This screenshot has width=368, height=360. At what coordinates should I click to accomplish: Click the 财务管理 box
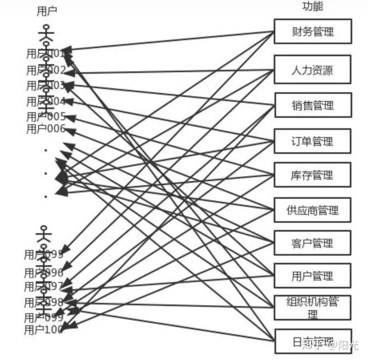click(x=312, y=32)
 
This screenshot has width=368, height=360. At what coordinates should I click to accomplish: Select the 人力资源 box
click(x=312, y=70)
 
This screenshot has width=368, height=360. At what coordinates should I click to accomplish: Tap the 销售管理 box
click(x=312, y=104)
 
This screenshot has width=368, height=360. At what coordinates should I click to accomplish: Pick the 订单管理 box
click(x=312, y=142)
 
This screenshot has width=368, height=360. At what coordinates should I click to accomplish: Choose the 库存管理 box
click(x=312, y=176)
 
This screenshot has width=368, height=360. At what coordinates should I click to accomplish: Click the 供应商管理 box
click(x=312, y=210)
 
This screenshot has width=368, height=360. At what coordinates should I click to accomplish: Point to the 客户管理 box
click(x=312, y=243)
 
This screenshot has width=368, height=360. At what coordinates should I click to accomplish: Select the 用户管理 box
click(x=312, y=276)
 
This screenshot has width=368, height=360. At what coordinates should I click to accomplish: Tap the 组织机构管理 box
click(x=312, y=308)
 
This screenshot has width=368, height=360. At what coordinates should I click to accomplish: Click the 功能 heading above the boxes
click(x=313, y=7)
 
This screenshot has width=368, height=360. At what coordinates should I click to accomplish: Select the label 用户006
click(x=46, y=129)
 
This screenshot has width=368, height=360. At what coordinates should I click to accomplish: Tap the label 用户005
click(x=46, y=116)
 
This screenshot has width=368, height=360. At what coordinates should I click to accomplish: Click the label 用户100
click(x=43, y=330)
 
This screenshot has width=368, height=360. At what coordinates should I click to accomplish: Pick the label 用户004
click(x=46, y=102)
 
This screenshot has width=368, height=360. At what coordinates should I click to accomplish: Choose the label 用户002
click(x=46, y=70)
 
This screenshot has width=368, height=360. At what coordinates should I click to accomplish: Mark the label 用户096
click(x=43, y=272)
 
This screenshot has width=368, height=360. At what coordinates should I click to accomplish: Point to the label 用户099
click(x=43, y=318)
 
